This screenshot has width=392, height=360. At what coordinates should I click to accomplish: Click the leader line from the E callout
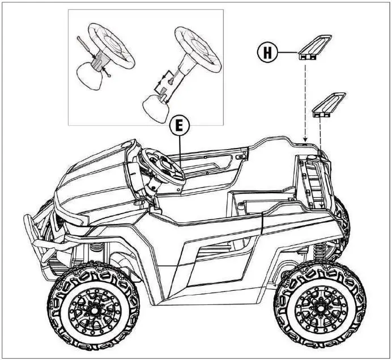tap(179, 153)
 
